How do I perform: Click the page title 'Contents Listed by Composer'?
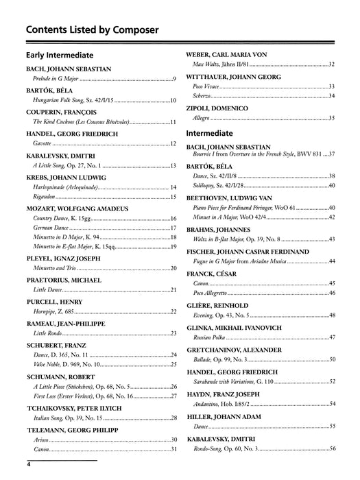point(92,29)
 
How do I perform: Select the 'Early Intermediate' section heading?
point(60,54)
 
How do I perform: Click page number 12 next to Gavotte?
point(173,144)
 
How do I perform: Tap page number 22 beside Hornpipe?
point(173,312)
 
